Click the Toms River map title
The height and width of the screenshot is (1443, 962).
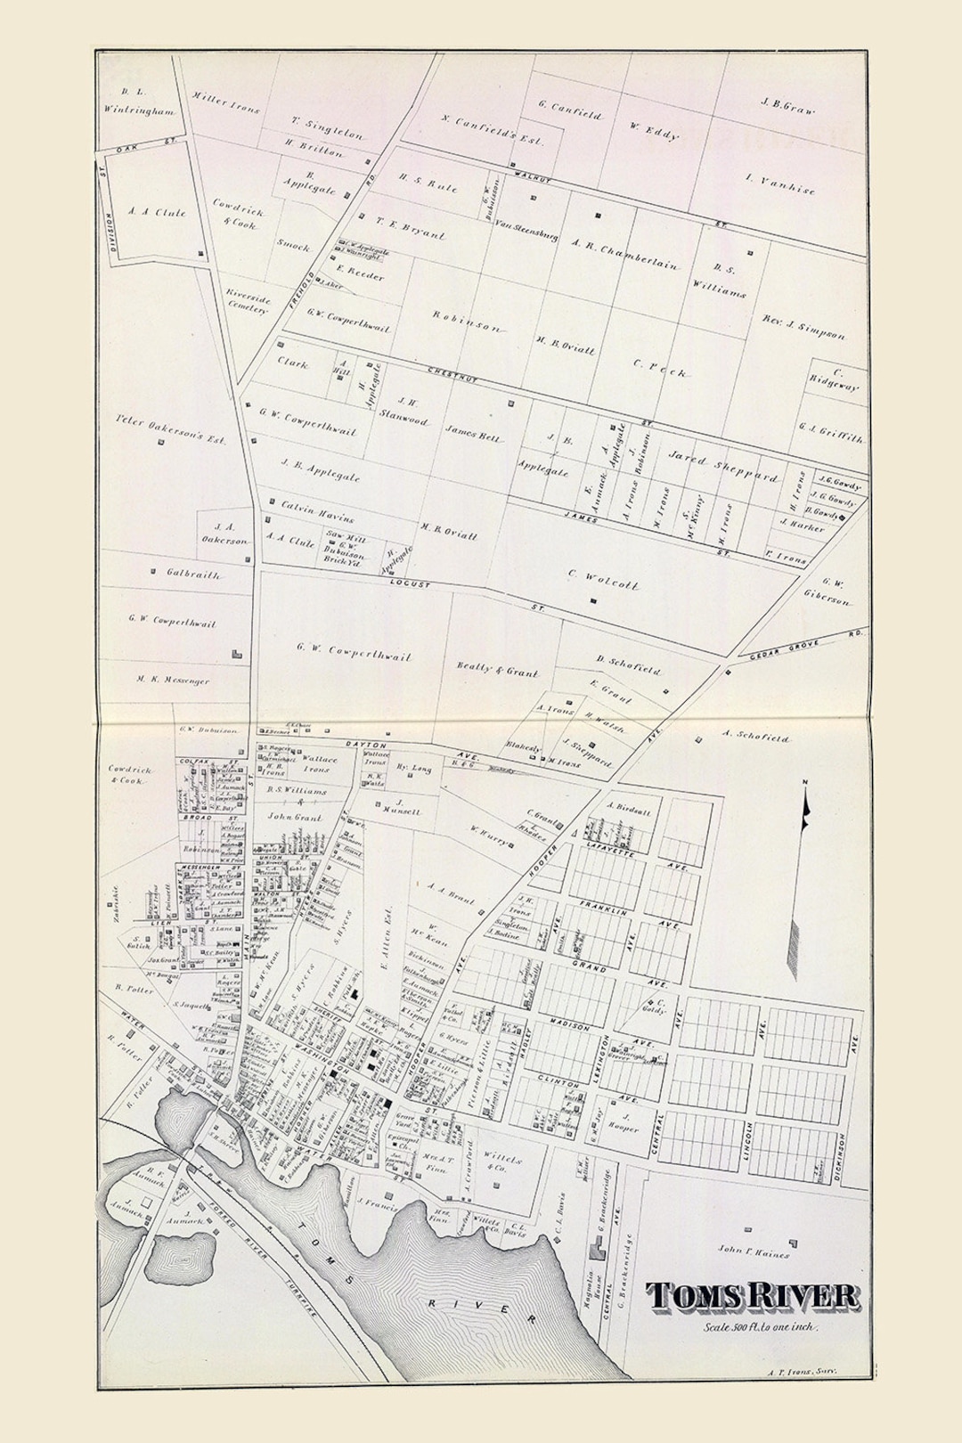pos(753,1296)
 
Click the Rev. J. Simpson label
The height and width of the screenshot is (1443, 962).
pos(803,327)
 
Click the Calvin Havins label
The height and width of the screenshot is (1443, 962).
pos(317,512)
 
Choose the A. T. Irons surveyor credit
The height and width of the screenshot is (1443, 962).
pos(802,1374)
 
